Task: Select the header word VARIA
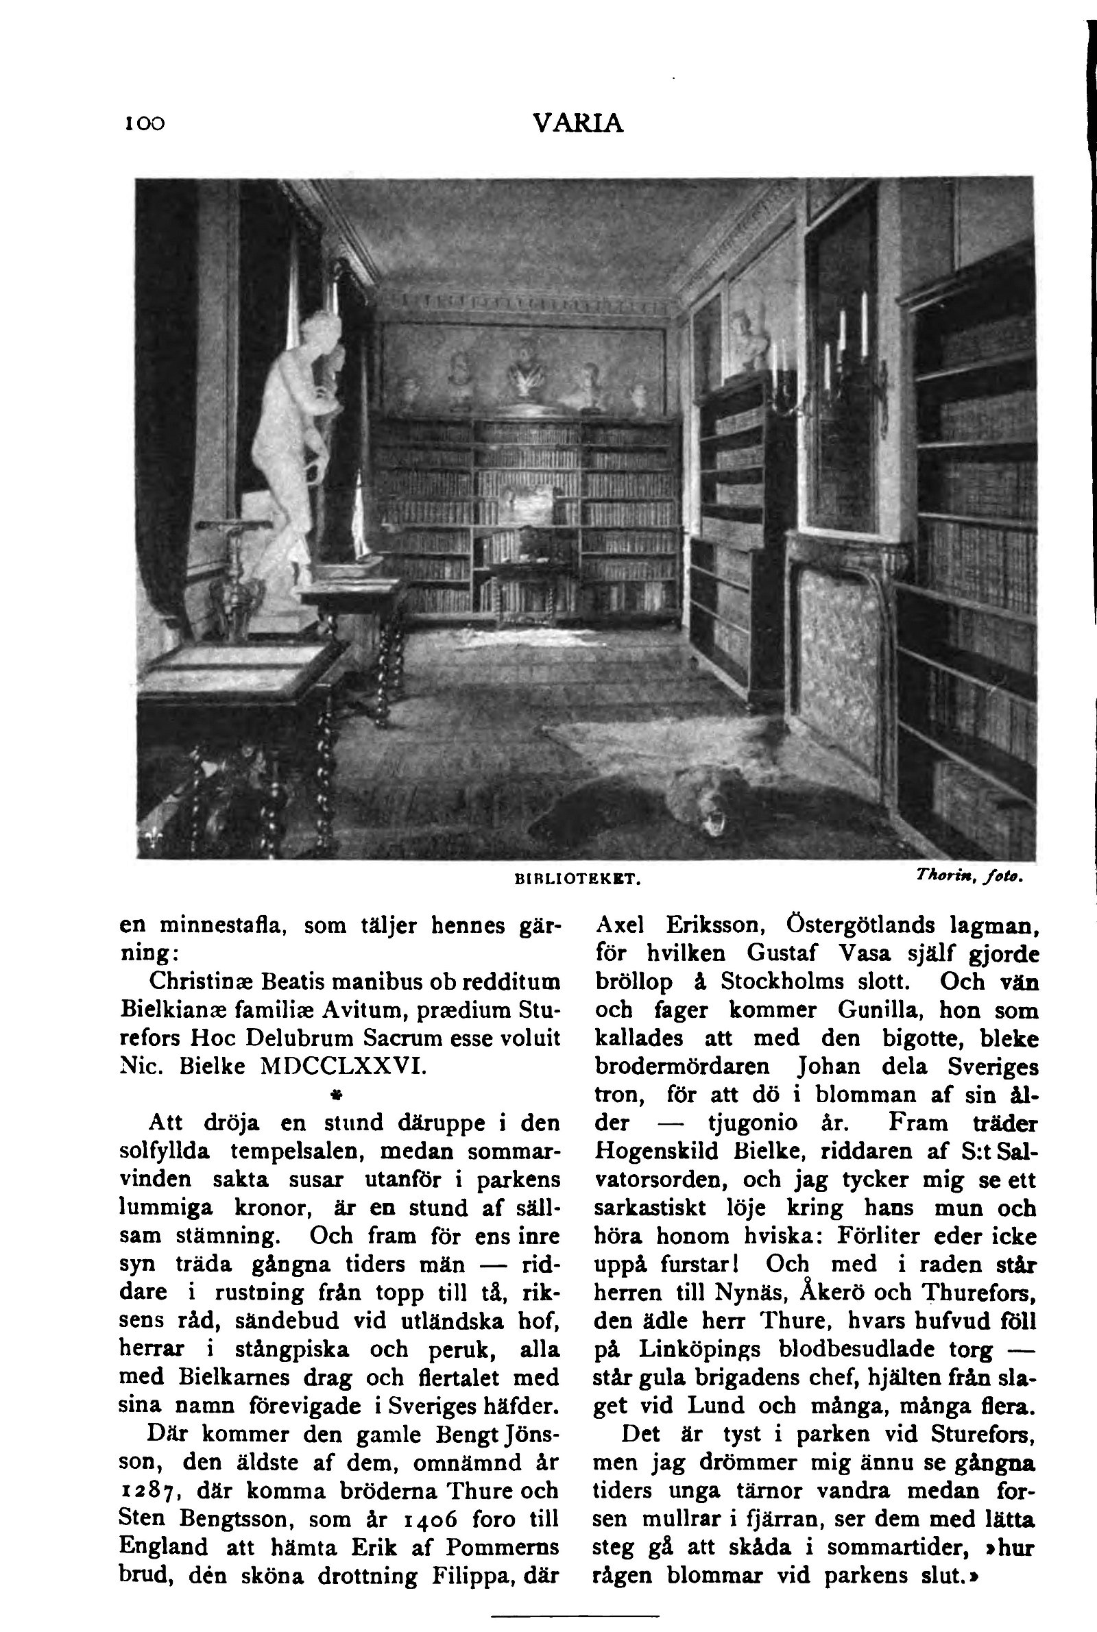(x=577, y=124)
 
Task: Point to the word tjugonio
(x=753, y=1123)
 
